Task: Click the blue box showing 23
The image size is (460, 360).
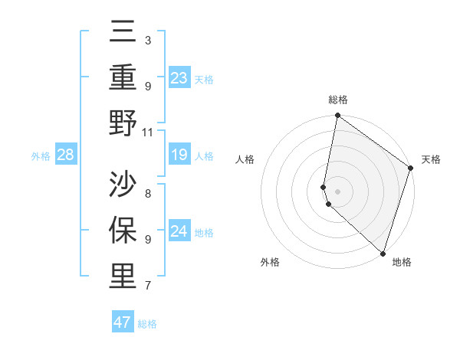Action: [179, 77]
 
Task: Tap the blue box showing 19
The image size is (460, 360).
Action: [179, 155]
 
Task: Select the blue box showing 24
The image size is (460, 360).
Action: [179, 231]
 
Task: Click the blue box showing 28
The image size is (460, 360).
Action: [66, 155]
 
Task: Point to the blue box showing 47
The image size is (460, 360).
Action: [122, 322]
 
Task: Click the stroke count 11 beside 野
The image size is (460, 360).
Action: [148, 132]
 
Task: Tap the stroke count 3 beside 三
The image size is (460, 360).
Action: [148, 40]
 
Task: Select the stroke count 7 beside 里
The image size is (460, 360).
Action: [148, 286]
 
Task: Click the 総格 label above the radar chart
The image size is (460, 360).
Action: [338, 100]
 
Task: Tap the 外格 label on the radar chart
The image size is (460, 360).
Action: [270, 262]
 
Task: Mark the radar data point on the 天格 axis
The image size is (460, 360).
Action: [411, 169]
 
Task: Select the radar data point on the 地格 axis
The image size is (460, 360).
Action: [383, 254]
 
